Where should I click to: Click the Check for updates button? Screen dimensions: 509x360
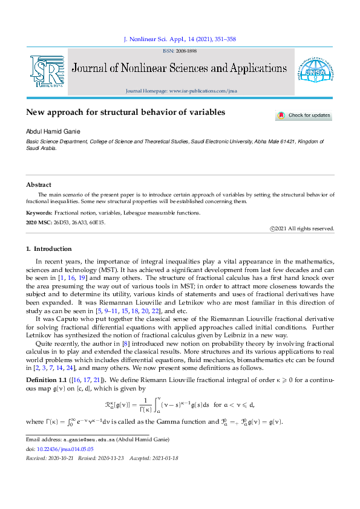point(304,115)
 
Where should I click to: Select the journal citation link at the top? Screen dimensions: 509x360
point(179,39)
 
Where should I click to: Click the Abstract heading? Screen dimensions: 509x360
point(39,184)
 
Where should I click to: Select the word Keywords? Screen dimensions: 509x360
point(39,213)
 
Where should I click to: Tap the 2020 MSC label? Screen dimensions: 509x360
point(39,222)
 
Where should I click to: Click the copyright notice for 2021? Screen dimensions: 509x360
point(302,229)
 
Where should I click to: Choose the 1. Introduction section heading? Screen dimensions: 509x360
point(49,248)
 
